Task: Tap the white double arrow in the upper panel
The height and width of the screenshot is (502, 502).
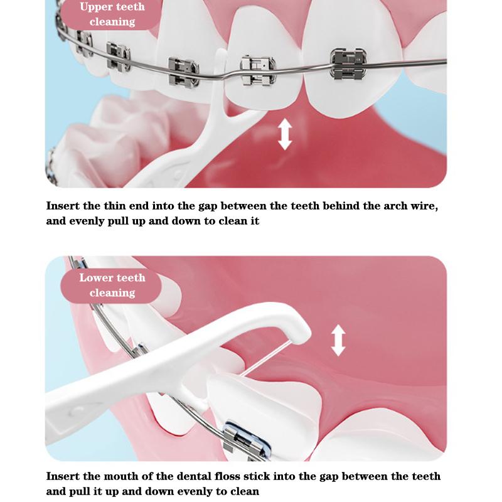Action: tap(285, 134)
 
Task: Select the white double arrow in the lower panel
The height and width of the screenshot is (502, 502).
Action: tap(338, 340)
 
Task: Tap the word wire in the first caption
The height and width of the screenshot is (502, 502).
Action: tap(422, 206)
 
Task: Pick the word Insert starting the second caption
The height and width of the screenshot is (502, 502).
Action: tap(63, 476)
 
